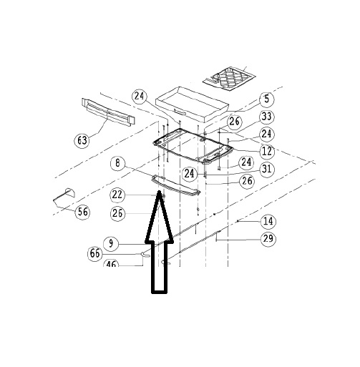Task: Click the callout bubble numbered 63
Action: pos(82,140)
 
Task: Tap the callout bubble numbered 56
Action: pos(83,212)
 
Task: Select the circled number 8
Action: pos(118,163)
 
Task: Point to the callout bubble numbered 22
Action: pos(117,195)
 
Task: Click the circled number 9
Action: pos(111,243)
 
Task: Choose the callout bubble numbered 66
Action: pos(95,253)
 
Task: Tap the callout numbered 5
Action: pos(267,99)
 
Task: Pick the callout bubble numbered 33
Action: pos(266,117)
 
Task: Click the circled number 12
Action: pos(267,151)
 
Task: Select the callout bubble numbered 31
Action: pos(267,169)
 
